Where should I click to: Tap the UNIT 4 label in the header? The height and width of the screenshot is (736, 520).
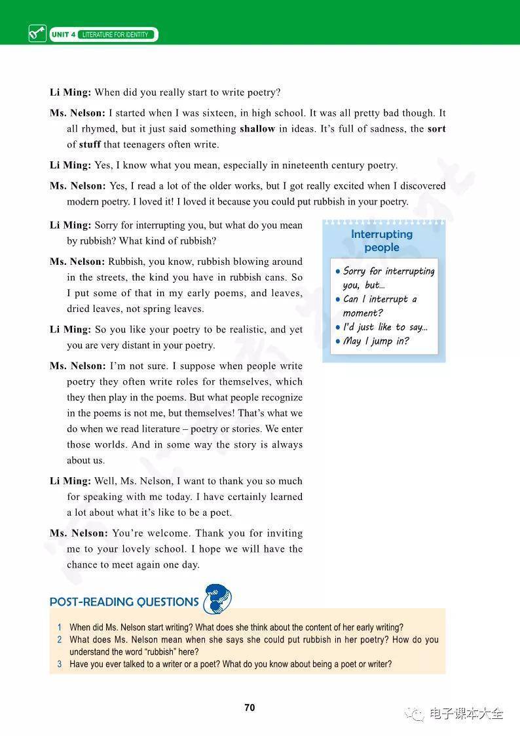pyautogui.click(x=64, y=35)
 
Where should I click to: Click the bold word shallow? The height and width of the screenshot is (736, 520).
pyautogui.click(x=257, y=129)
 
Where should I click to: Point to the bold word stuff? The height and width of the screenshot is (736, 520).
pyautogui.click(x=90, y=145)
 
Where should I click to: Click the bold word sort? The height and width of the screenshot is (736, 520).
pyautogui.click(x=436, y=129)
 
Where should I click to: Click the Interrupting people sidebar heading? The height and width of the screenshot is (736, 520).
pyautogui.click(x=382, y=241)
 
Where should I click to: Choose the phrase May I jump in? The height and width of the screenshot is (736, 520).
pyautogui.click(x=376, y=341)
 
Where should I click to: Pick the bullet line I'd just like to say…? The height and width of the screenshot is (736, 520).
pyautogui.click(x=385, y=327)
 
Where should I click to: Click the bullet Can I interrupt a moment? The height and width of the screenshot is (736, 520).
pyautogui.click(x=380, y=306)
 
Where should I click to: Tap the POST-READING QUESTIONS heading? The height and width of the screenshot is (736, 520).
pyautogui.click(x=124, y=602)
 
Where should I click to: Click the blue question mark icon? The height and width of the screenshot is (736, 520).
pyautogui.click(x=217, y=598)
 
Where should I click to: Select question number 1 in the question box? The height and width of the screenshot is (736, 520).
pyautogui.click(x=59, y=627)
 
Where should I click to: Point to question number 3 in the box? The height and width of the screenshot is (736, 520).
pyautogui.click(x=59, y=665)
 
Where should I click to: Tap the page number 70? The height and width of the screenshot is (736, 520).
pyautogui.click(x=250, y=708)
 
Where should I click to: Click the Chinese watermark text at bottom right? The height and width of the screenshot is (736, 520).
pyautogui.click(x=466, y=714)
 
